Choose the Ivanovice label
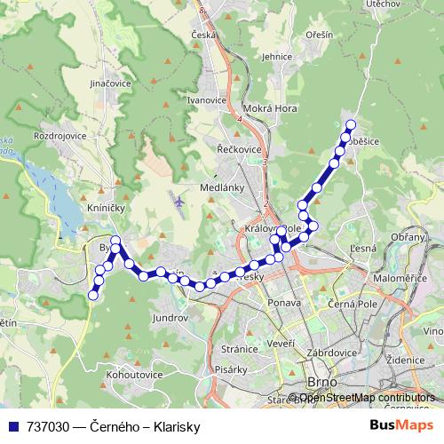pyautogui.click(x=206, y=100)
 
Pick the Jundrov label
pyautogui.click(x=170, y=316)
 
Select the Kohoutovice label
pyautogui.click(x=134, y=376)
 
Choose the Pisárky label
pyautogui.click(x=232, y=369)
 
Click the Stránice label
pyautogui.click(x=239, y=350)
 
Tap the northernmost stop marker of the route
pyautogui.click(x=350, y=125)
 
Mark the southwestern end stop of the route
pyautogui.click(x=93, y=297)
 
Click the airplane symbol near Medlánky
pyautogui.click(x=180, y=201)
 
